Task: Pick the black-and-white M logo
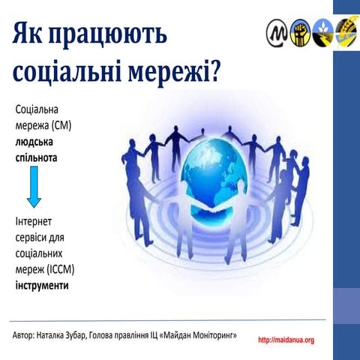(277, 31)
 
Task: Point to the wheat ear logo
(346, 31)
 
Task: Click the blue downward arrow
(34, 187)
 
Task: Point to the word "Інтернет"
(34, 223)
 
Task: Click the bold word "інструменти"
(42, 285)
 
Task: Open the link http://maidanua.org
(286, 340)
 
